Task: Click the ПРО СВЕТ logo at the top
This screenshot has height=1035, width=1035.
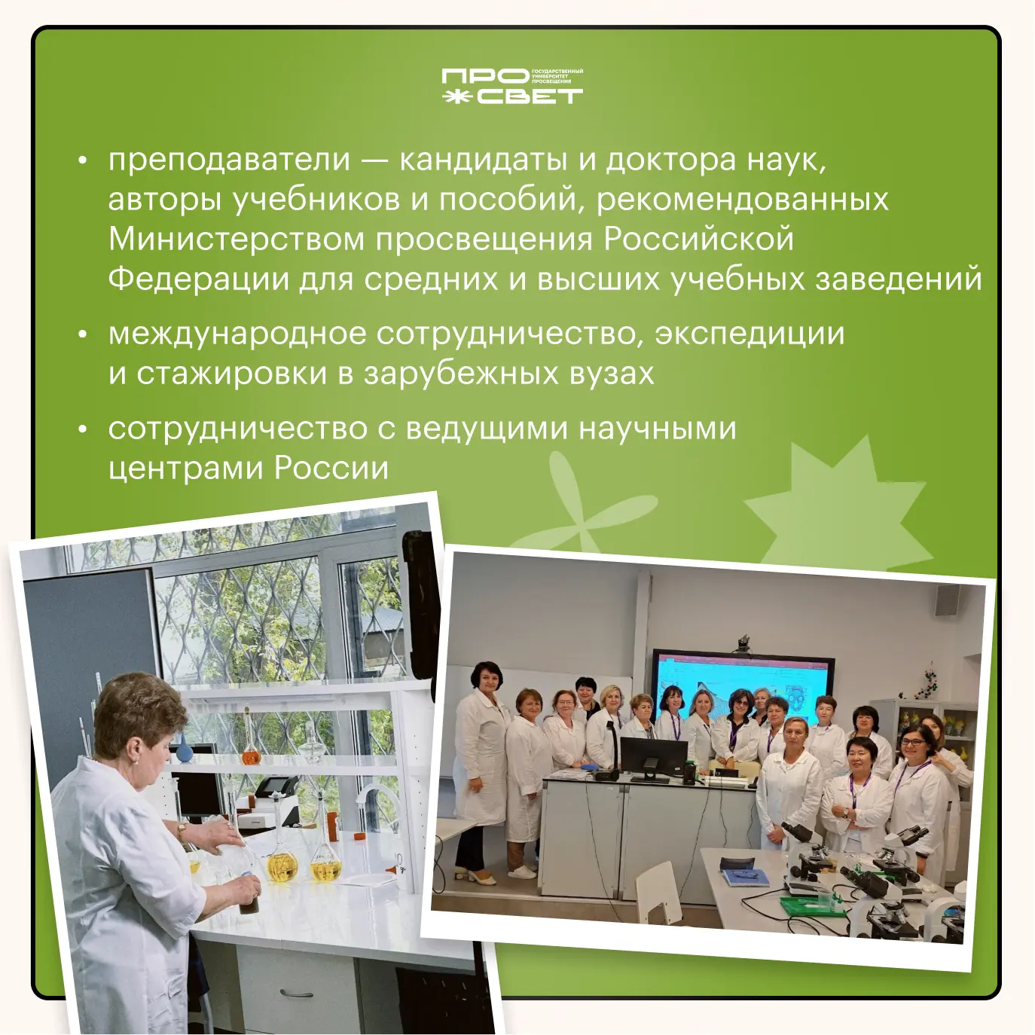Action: pyautogui.click(x=512, y=86)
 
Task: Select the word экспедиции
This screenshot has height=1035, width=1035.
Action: pyautogui.click(x=750, y=334)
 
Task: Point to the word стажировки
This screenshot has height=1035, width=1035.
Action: pyautogui.click(x=231, y=374)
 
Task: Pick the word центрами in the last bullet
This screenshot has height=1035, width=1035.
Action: pyautogui.click(x=186, y=469)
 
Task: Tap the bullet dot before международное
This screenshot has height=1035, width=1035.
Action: pyautogui.click(x=82, y=334)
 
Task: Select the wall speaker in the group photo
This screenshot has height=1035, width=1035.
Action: pyautogui.click(x=948, y=599)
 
